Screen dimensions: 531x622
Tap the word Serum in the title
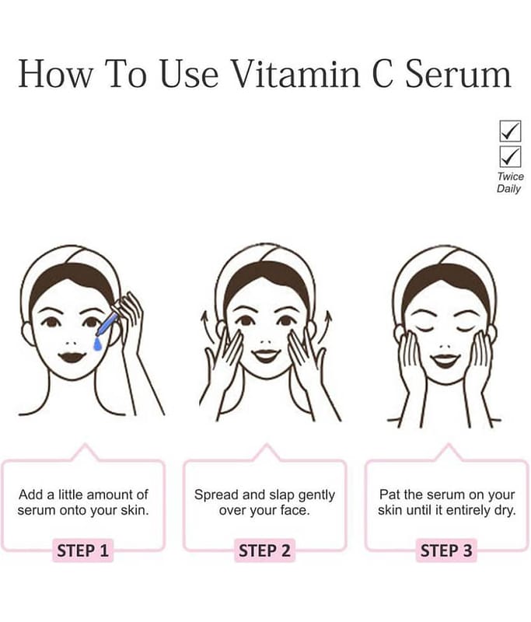458,74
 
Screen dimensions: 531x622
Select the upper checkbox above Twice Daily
510,131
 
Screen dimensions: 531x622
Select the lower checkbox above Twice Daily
510,157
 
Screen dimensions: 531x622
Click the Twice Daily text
510,183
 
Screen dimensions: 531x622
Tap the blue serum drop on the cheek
97,344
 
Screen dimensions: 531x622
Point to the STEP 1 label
83,550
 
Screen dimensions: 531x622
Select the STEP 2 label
264,550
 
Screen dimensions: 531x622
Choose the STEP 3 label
446,550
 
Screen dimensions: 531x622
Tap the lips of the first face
72,356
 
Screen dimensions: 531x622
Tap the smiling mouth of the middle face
266,355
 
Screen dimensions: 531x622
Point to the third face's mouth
445,360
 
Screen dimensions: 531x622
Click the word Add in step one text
31,494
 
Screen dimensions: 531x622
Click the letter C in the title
383,74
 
